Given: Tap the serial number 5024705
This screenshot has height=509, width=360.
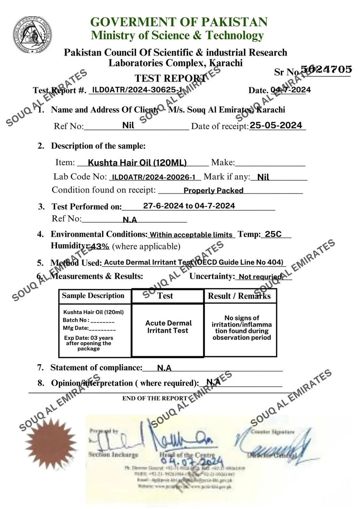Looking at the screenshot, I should point(327,69).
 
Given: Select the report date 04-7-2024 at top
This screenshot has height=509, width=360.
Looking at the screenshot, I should point(291,90).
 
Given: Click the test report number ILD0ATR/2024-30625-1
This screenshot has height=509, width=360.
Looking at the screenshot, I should point(137,90).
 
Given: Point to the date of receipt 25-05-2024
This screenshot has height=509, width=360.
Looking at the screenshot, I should point(276,125).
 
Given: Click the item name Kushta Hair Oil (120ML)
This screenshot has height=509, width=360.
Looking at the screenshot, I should point(137,162).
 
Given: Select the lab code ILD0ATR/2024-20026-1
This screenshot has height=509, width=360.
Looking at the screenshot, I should point(154,177).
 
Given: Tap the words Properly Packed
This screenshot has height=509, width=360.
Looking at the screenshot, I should point(213,191).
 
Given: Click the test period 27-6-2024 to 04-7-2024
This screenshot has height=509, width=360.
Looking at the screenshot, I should point(189,206).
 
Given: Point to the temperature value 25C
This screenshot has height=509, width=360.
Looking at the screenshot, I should point(273,234).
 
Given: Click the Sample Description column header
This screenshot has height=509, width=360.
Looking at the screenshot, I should point(93,296).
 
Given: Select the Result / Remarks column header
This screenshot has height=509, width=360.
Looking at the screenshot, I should point(239,296).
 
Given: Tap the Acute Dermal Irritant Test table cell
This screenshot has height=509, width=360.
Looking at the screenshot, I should point(168,327).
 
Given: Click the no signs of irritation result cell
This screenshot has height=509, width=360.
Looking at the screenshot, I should point(242,328).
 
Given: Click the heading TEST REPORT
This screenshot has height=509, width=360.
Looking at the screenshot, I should point(170,78).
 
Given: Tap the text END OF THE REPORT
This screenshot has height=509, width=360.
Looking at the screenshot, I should point(155,398).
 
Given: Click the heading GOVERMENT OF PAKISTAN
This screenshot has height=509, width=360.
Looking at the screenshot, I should point(179,22).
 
